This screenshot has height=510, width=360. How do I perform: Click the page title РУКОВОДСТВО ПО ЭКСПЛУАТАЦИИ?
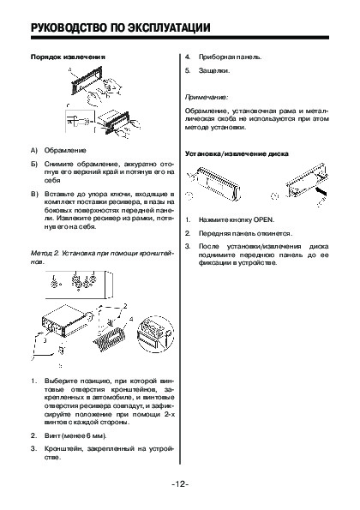[120, 27]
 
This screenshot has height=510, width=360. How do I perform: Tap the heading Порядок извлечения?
[68, 57]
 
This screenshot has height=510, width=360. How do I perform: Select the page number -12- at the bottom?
[180, 484]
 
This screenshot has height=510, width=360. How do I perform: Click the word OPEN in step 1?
[263, 220]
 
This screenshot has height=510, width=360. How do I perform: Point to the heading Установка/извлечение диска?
[237, 153]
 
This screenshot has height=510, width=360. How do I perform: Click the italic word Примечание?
[207, 97]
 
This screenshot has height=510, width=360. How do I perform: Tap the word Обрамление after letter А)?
[65, 151]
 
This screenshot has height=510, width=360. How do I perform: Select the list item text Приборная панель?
[230, 57]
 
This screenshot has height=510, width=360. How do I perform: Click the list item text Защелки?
[214, 70]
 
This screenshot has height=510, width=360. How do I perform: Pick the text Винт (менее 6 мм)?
[75, 435]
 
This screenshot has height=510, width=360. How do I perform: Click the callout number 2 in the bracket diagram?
[125, 306]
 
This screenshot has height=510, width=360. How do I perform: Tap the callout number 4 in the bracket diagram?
[131, 319]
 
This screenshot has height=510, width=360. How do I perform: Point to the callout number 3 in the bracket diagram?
[45, 340]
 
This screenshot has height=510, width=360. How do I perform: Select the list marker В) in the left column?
[34, 195]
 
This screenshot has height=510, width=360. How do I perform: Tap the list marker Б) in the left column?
[34, 164]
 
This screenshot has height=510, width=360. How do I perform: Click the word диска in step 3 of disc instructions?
[319, 247]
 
